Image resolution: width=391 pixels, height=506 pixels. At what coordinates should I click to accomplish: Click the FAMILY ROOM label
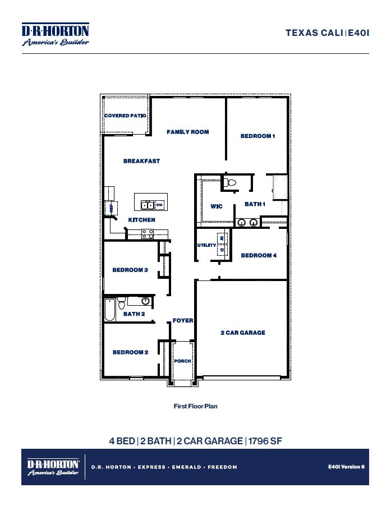(x=187, y=132)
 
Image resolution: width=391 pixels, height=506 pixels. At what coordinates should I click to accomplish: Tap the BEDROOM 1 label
(x=257, y=136)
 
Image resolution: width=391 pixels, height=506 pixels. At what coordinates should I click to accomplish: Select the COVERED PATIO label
(x=125, y=116)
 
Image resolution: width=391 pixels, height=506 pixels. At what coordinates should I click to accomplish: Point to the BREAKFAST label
(x=141, y=161)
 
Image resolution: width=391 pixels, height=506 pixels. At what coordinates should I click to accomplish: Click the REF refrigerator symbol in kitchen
(x=111, y=208)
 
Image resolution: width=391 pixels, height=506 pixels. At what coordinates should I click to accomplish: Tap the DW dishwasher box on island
(x=159, y=205)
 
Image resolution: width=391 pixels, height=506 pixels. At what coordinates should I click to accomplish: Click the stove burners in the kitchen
(x=148, y=233)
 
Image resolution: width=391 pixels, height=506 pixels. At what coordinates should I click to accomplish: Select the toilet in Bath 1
(x=230, y=182)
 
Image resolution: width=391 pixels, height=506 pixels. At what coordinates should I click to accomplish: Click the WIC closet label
(x=217, y=206)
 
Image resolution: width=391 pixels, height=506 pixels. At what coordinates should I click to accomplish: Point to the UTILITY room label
(x=206, y=245)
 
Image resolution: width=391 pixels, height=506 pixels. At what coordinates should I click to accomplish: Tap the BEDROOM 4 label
(x=259, y=255)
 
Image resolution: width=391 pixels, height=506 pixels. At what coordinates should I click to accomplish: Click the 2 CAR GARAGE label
(x=242, y=333)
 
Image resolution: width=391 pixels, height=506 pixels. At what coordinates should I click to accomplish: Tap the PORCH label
(x=182, y=361)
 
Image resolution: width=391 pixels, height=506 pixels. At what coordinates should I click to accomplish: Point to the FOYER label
(x=183, y=320)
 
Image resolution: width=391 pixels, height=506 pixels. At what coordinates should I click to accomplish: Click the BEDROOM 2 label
(x=130, y=352)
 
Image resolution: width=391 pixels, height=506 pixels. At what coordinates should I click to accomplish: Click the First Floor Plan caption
(x=195, y=406)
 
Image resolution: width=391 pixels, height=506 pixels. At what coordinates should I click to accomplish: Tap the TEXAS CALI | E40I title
(x=327, y=33)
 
